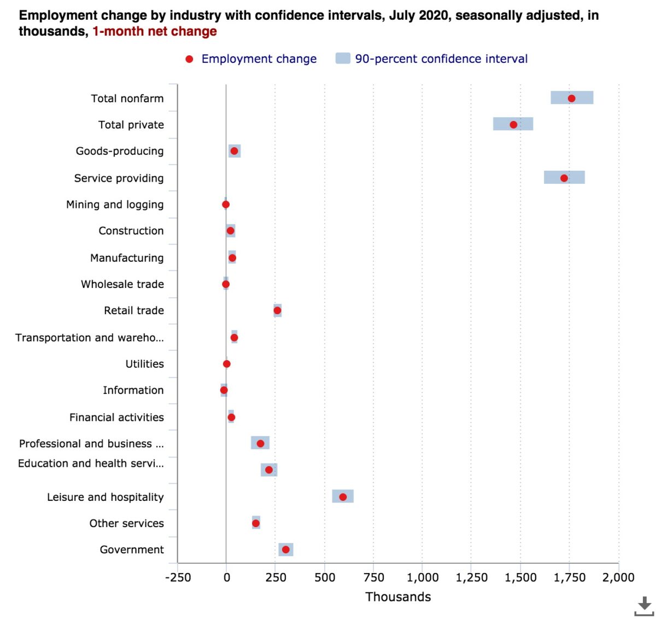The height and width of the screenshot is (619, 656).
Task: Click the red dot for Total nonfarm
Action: coord(571,99)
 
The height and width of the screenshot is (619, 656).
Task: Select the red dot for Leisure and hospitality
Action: coord(343,497)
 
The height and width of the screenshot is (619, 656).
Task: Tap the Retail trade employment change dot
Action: coord(277,310)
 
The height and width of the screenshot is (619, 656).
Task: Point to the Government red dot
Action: coord(285,549)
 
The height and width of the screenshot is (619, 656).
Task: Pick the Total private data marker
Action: coord(513,125)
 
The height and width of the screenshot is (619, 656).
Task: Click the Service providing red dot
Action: coord(564,178)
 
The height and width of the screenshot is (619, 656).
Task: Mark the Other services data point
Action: coord(256,523)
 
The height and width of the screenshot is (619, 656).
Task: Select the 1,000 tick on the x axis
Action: coord(423,577)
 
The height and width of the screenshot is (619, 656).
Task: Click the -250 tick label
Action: coord(178,577)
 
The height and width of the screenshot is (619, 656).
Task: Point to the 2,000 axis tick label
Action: coord(618,577)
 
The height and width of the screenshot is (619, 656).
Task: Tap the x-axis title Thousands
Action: coord(398,597)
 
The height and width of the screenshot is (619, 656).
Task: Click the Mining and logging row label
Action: coord(115,205)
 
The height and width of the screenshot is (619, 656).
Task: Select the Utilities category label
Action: coord(144,364)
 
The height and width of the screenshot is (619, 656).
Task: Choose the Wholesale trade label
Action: coord(122,284)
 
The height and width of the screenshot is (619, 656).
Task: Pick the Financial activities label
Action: coord(116,417)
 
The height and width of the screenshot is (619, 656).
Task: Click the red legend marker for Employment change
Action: coord(189,59)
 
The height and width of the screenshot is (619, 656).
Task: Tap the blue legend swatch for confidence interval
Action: coord(343,59)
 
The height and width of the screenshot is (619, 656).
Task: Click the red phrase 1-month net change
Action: coord(155,31)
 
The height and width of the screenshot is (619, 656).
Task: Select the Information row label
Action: coord(133,390)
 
